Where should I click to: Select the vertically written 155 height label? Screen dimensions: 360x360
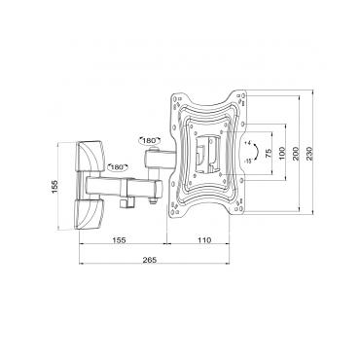(x=54, y=185)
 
